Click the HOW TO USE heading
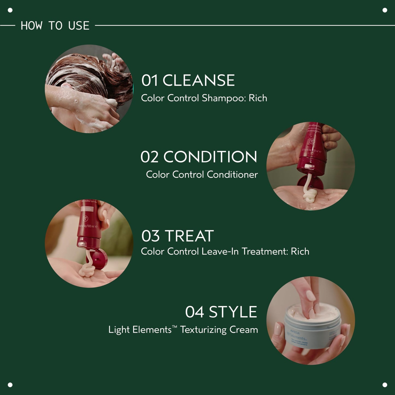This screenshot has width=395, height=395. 55,26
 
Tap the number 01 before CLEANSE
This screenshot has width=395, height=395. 150,81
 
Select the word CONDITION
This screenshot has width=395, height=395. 210,157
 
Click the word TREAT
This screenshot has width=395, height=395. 189,236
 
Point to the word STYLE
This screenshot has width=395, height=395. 233,312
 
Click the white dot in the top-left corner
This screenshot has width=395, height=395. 10,10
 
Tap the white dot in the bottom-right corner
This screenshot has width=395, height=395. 385,385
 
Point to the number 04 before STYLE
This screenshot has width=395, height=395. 194,312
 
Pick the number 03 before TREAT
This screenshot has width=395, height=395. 150,236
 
